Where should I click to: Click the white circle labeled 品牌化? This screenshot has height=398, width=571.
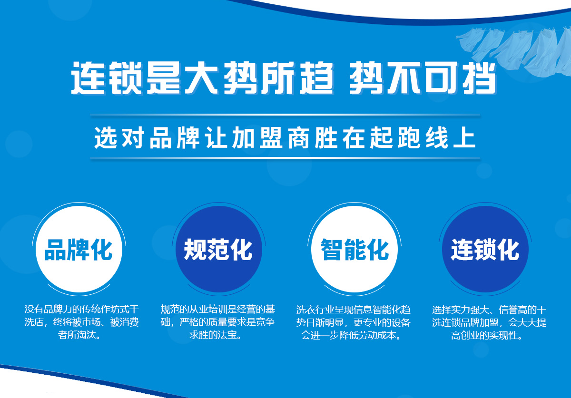79,249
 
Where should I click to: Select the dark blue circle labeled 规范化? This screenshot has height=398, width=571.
219,249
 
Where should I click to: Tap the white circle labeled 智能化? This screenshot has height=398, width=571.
354,249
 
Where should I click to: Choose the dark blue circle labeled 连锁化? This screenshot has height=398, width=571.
485,249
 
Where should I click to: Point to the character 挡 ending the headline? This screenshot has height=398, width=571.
479,78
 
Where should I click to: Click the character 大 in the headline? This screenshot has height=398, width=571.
201,78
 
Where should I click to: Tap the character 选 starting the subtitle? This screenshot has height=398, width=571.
105,137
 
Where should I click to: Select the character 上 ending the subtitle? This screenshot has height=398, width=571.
464,137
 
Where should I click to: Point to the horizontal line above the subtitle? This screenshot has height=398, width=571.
285,115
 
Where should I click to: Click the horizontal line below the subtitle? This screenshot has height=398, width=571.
285,158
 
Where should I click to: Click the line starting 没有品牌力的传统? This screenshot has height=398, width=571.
81,310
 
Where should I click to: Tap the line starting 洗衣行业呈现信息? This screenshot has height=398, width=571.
353,310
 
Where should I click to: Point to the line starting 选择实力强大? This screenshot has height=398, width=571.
489,310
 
